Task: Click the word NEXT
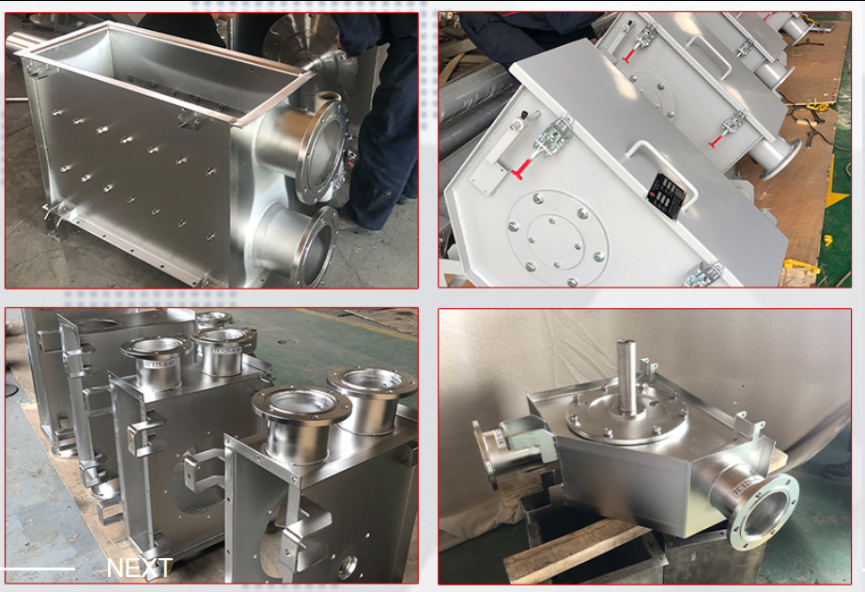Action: coord(139,568)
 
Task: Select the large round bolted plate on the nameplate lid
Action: coord(558,236)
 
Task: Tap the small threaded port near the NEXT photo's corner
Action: coord(347,565)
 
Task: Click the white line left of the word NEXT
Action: coord(38,569)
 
